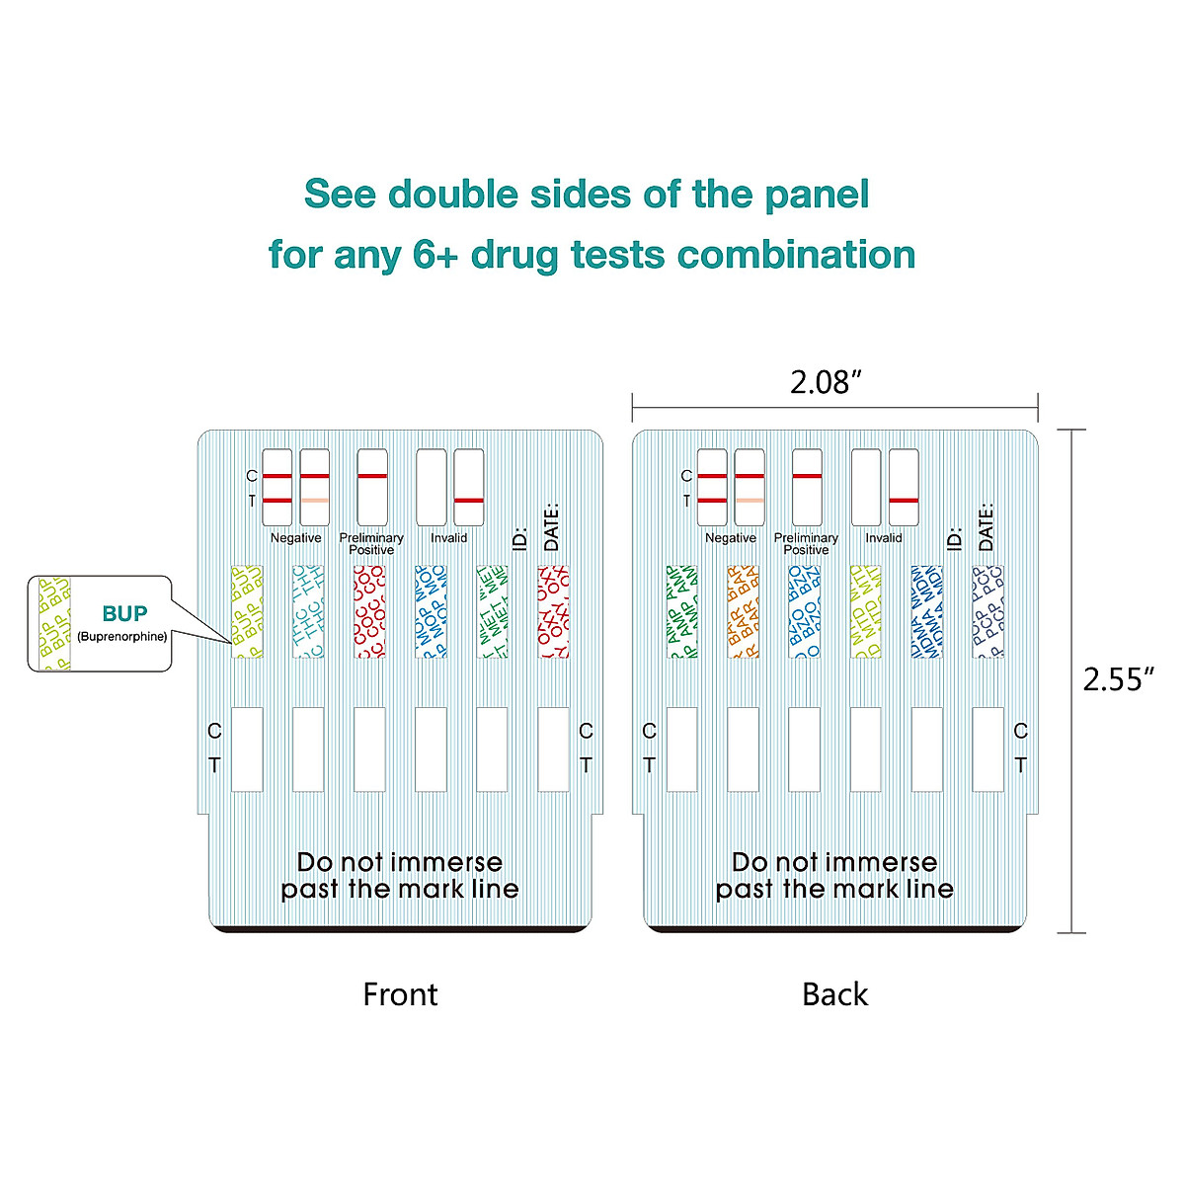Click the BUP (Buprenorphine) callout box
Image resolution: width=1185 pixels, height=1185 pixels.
pyautogui.click(x=100, y=623)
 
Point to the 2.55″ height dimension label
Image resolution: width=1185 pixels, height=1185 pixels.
pyautogui.click(x=1119, y=679)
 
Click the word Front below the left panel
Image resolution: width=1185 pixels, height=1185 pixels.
pyautogui.click(x=400, y=993)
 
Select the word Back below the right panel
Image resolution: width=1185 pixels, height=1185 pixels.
pyautogui.click(x=834, y=993)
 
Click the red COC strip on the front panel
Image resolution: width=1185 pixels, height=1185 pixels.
pyautogui.click(x=369, y=611)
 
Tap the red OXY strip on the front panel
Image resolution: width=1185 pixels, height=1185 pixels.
pyautogui.click(x=553, y=611)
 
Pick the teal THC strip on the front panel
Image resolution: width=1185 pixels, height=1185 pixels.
pyautogui.click(x=308, y=611)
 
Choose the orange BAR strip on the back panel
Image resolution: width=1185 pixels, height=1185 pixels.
pyautogui.click(x=743, y=611)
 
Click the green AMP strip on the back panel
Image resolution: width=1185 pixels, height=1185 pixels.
pyautogui.click(x=681, y=611)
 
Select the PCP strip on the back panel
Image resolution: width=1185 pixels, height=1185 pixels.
pyautogui.click(x=987, y=611)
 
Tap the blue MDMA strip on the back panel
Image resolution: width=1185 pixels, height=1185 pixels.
pyautogui.click(x=926, y=611)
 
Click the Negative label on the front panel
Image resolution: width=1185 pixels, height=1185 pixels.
pyautogui.click(x=295, y=538)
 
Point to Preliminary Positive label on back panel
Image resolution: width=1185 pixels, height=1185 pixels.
pyautogui.click(x=806, y=543)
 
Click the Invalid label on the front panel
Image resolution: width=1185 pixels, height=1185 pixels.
pyautogui.click(x=448, y=538)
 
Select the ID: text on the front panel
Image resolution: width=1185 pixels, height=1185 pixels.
pyautogui.click(x=520, y=538)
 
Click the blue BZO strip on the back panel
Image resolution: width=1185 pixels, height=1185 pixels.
pyautogui.click(x=804, y=611)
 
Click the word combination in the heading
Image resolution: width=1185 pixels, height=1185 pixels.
pyautogui.click(x=796, y=255)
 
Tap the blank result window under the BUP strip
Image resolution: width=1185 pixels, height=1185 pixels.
pyautogui.click(x=247, y=749)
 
